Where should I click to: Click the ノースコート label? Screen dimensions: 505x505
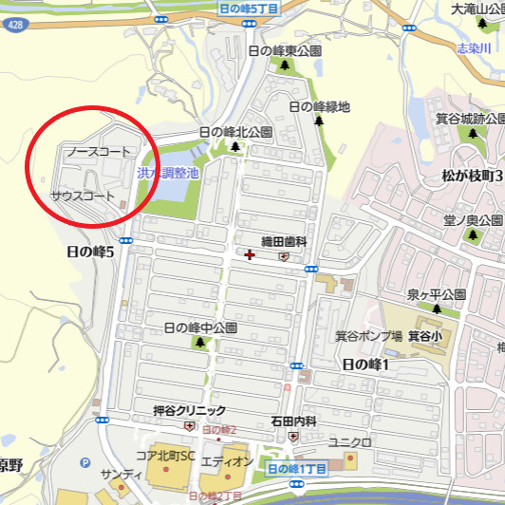coord(98,152)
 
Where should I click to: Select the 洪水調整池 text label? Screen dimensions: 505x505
coord(167,173)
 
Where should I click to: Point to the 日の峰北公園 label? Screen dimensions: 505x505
coord(234,132)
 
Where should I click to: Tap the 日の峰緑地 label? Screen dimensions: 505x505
coord(319,106)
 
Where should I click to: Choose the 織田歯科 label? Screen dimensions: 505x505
coord(284,242)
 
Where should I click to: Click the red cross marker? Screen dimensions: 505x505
coord(250,253)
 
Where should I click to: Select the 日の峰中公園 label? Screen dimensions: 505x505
coord(200,327)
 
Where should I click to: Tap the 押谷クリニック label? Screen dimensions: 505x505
coord(190,411)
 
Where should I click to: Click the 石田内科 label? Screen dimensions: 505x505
coord(292,421)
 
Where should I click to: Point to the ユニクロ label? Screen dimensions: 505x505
coord(348,442)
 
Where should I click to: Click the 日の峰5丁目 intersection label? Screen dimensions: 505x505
coord(248,8)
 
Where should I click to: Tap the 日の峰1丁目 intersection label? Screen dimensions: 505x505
coord(296,469)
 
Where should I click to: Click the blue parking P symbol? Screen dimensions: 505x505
coord(85,462)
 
